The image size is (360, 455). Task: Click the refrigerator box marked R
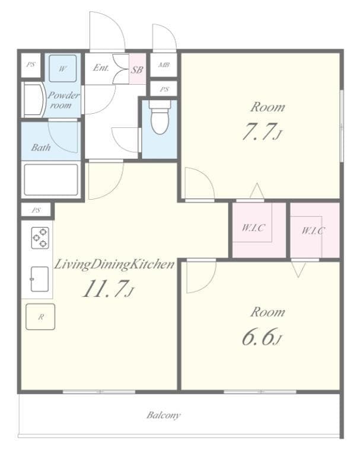point(40,317)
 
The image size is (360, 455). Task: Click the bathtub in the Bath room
point(50,179)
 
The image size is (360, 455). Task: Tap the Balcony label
point(164,415)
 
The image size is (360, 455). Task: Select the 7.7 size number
point(259,132)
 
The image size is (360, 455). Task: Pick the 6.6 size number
point(259,337)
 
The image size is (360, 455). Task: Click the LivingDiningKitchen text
point(114,265)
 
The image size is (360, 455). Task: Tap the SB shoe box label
point(137,69)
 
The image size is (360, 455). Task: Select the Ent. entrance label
point(101,68)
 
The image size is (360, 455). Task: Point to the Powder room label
point(63,100)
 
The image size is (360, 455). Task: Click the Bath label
point(41,148)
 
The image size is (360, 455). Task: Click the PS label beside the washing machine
point(30,66)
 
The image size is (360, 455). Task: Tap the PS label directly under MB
point(164,89)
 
